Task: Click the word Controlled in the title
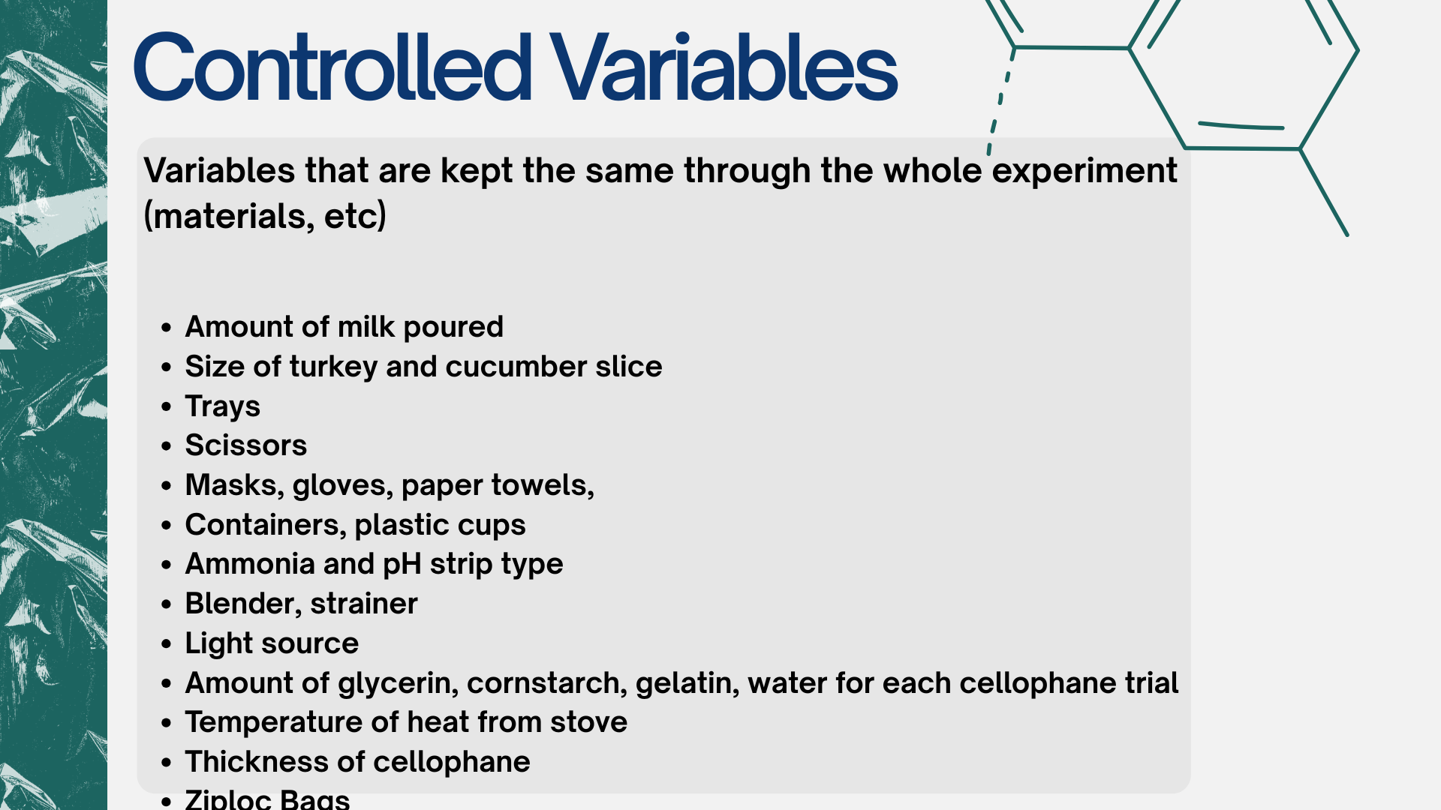332,67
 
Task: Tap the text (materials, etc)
265,217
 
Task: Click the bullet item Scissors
246,445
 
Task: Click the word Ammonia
250,564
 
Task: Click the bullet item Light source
272,643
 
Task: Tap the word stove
588,722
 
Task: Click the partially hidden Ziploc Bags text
267,799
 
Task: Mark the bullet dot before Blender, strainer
167,604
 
